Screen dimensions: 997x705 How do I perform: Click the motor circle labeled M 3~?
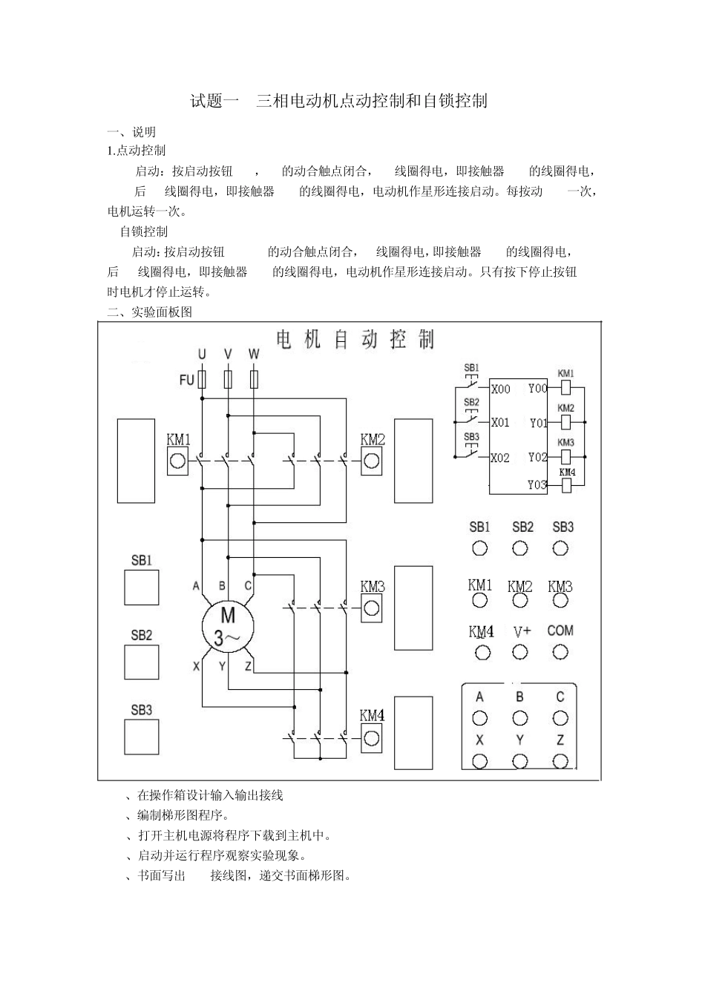point(228,626)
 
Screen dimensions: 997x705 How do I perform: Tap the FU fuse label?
point(186,380)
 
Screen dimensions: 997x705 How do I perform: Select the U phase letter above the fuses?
point(202,355)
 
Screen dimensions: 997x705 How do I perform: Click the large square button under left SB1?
point(141,588)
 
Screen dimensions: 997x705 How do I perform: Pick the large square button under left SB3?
point(141,737)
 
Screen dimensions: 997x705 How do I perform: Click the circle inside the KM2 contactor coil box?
point(371,461)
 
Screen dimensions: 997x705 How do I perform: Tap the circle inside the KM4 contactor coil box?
point(371,738)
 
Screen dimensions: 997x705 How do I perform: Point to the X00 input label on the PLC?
point(501,389)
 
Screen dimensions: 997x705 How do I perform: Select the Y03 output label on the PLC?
point(537,484)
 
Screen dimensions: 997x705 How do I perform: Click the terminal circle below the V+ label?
point(520,652)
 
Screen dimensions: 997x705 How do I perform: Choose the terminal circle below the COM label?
point(560,652)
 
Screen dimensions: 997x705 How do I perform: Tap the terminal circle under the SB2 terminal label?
point(520,549)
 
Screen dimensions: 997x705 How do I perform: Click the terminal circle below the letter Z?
point(560,761)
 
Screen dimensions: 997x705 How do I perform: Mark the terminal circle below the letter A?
point(480,717)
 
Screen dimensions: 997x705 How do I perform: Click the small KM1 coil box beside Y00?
point(565,387)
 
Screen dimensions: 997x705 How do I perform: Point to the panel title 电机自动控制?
point(355,340)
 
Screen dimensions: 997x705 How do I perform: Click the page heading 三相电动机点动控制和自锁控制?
point(371,101)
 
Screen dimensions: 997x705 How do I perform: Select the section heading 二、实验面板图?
point(150,312)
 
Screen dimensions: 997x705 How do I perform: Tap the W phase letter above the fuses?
point(254,355)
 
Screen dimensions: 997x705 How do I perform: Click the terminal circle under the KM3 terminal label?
point(560,608)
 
